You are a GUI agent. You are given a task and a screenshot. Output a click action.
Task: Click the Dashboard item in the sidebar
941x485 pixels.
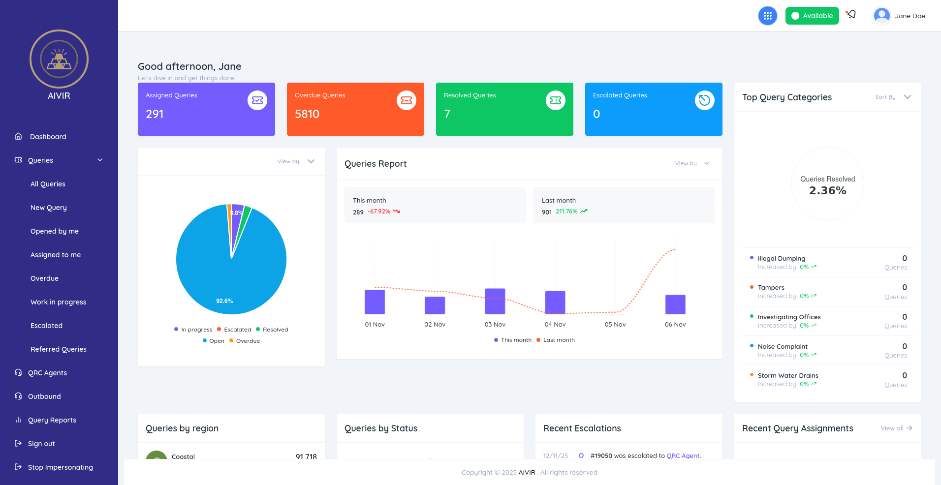click(48, 137)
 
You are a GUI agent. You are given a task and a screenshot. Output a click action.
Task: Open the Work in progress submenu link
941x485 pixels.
click(58, 302)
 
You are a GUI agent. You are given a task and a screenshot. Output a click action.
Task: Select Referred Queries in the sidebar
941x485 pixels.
click(58, 349)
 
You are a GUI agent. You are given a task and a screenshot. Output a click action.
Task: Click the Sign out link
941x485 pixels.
click(41, 444)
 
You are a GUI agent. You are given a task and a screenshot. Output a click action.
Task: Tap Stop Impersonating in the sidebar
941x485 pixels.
click(60, 467)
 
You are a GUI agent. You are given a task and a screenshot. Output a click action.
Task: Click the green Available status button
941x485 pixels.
click(812, 16)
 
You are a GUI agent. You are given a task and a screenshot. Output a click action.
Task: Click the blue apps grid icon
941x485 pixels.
click(767, 16)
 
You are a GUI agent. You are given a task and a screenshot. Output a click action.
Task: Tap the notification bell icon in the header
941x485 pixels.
click(851, 15)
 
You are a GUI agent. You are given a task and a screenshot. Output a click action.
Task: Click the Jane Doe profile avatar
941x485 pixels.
click(881, 16)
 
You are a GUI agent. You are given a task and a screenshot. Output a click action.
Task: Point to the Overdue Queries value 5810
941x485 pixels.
click(307, 114)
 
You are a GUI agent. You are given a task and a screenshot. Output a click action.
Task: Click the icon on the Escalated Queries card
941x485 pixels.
click(704, 100)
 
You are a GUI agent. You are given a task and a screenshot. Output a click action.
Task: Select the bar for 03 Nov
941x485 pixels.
click(495, 301)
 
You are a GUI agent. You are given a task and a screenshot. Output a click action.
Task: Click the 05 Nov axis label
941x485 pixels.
click(615, 325)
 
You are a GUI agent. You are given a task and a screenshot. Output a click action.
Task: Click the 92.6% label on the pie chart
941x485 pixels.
click(224, 301)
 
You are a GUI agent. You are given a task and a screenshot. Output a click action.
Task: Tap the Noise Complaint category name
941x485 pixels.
click(782, 346)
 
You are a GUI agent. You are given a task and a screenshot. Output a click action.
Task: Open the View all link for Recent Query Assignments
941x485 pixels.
click(896, 428)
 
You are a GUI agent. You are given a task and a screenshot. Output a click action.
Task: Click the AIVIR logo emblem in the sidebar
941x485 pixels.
click(59, 60)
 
